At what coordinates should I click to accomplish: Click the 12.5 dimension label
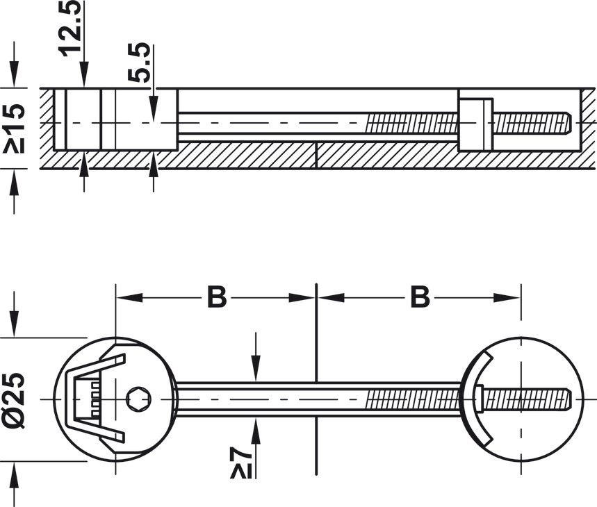coord(69,27)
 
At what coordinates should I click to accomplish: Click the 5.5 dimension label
coord(138,62)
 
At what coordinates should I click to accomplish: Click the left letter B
coord(217,297)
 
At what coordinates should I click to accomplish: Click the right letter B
coord(420,297)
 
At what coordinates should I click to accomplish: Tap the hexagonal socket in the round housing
coord(138,399)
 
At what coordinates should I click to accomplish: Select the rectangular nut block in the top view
coord(475,125)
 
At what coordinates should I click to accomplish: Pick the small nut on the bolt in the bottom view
coord(479,399)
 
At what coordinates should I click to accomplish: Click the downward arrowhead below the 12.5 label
coord(84,74)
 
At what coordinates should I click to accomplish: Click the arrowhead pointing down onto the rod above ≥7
coord(256,368)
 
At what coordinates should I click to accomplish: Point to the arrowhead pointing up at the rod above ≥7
coord(256,431)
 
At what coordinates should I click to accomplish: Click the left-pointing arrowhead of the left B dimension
coord(129,297)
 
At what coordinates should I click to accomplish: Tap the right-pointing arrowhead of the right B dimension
coord(507,297)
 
